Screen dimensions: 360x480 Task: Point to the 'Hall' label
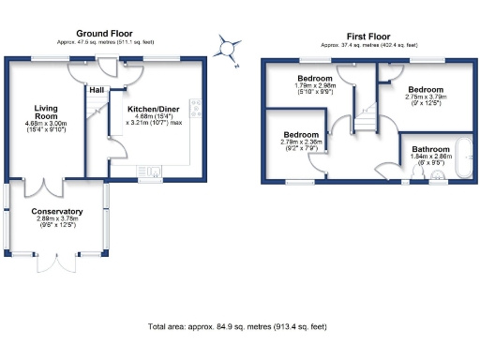point(97,91)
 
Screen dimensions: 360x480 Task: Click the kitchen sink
point(152,171)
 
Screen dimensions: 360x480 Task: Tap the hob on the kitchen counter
point(194,108)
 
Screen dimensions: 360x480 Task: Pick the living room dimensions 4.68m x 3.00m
point(47,123)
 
